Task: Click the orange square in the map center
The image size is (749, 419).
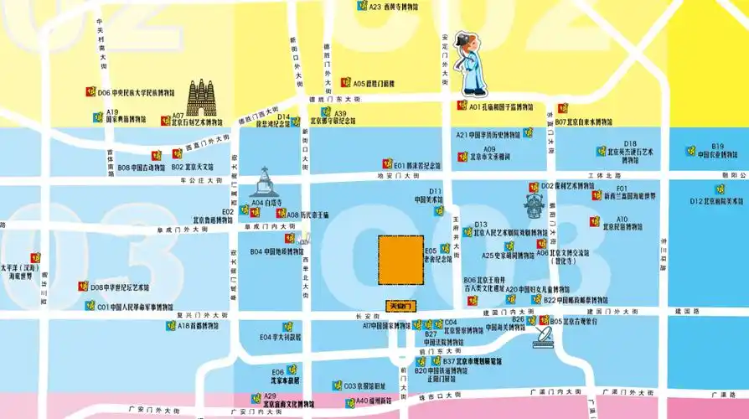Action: click(400, 260)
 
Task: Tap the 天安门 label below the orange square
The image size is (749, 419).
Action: click(400, 306)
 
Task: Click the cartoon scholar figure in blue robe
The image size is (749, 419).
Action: click(471, 67)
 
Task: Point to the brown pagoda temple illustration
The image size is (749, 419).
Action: click(201, 98)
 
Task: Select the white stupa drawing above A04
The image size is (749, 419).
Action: click(262, 183)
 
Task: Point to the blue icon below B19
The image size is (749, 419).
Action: click(691, 153)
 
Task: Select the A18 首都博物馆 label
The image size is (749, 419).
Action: click(198, 325)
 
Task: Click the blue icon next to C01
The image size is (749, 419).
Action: click(90, 306)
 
